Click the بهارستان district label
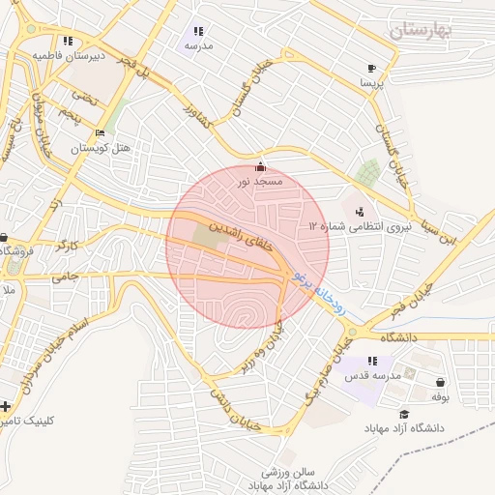tap(422, 30)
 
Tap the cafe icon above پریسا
tap(372, 68)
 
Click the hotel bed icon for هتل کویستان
tap(101, 133)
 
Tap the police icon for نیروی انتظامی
tap(361, 211)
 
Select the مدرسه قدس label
tap(373, 375)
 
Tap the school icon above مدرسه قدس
tap(373, 361)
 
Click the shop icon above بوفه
tap(442, 382)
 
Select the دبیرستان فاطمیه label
tap(68, 56)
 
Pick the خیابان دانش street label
tap(237, 408)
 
